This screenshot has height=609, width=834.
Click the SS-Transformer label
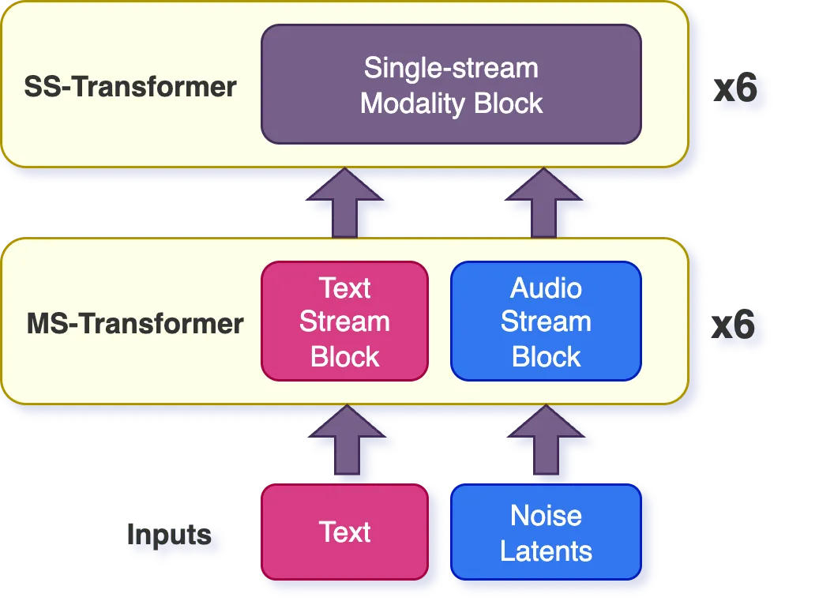click(x=130, y=86)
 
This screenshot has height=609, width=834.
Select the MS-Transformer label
click(x=135, y=323)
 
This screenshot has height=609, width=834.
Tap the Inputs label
click(x=169, y=535)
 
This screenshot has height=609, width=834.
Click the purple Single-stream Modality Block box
click(x=451, y=85)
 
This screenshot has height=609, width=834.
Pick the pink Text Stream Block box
click(x=344, y=321)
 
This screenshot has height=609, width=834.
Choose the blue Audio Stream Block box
click(x=546, y=321)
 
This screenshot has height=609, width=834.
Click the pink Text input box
click(x=344, y=532)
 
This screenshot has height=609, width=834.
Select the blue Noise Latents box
click(x=546, y=532)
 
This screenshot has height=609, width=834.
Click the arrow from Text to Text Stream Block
click(x=344, y=443)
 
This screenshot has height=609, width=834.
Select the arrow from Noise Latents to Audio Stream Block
click(x=546, y=443)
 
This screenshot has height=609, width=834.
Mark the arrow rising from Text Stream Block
click(x=344, y=204)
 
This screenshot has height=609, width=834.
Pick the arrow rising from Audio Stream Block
click(x=546, y=204)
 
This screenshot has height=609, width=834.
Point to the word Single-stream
click(x=451, y=68)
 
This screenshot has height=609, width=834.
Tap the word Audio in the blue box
click(x=546, y=288)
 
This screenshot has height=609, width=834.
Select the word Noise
click(x=546, y=515)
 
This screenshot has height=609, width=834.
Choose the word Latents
click(x=546, y=550)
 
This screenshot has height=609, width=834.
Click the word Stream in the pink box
click(x=344, y=321)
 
